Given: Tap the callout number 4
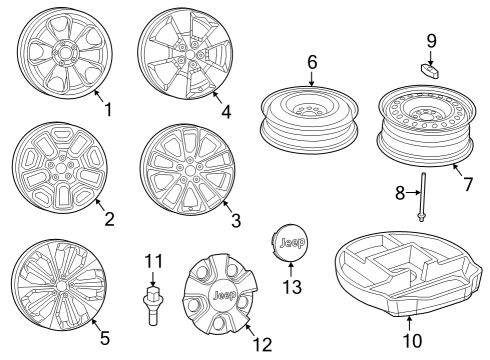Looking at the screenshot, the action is (x=226, y=112).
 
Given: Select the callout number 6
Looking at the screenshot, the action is (x=312, y=62).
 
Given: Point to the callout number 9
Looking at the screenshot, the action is (x=432, y=42).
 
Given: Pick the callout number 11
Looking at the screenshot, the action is (x=152, y=261).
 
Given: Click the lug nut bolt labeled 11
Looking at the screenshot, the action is (x=153, y=300).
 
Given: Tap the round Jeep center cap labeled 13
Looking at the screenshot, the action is (x=290, y=244).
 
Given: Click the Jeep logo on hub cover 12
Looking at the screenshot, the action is (x=223, y=297).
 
